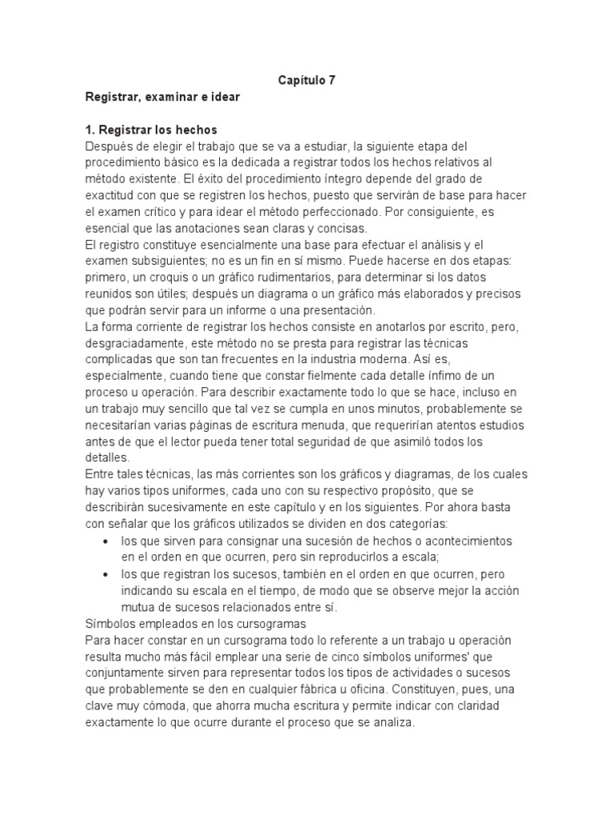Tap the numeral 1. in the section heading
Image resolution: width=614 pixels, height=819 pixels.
90,130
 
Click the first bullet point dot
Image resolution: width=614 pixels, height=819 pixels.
107,541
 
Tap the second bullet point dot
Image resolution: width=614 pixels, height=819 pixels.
107,575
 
